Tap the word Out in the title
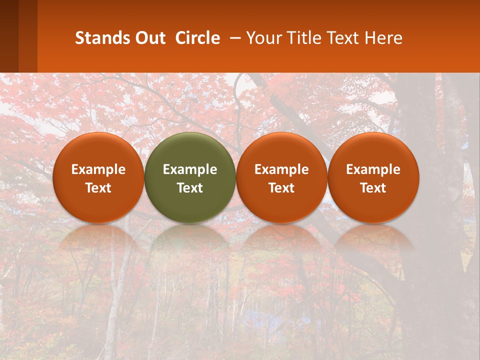(x=149, y=38)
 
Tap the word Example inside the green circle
(x=190, y=169)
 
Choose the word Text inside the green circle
(x=190, y=188)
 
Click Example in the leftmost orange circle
(x=98, y=169)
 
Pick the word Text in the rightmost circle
(x=373, y=188)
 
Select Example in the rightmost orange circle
(x=373, y=169)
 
